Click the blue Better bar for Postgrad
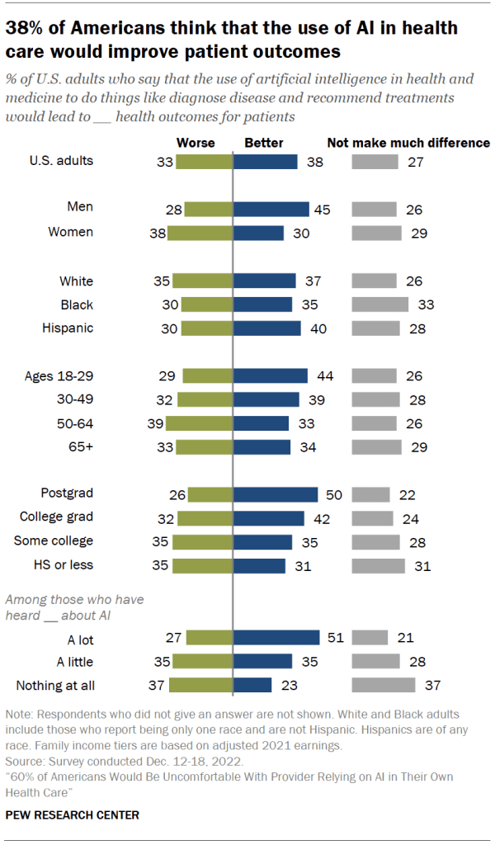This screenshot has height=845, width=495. (x=276, y=494)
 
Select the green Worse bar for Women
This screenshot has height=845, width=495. (x=200, y=234)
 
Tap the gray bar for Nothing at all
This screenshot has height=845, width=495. (x=384, y=685)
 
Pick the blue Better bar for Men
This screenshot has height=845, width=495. (x=271, y=210)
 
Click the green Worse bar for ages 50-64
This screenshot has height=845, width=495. (x=200, y=423)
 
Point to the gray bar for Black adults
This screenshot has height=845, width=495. (x=380, y=304)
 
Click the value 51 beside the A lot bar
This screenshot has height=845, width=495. (x=335, y=637)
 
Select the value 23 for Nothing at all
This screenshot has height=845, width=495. (x=287, y=685)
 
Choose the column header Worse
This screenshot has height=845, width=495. (x=196, y=143)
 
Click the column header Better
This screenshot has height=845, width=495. (x=264, y=143)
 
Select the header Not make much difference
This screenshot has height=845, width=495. (x=408, y=143)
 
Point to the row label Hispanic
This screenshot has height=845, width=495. (x=68, y=328)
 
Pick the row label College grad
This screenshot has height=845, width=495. (x=56, y=517)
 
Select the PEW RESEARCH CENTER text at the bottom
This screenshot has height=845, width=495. (x=72, y=814)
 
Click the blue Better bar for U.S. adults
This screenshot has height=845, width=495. (x=266, y=162)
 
